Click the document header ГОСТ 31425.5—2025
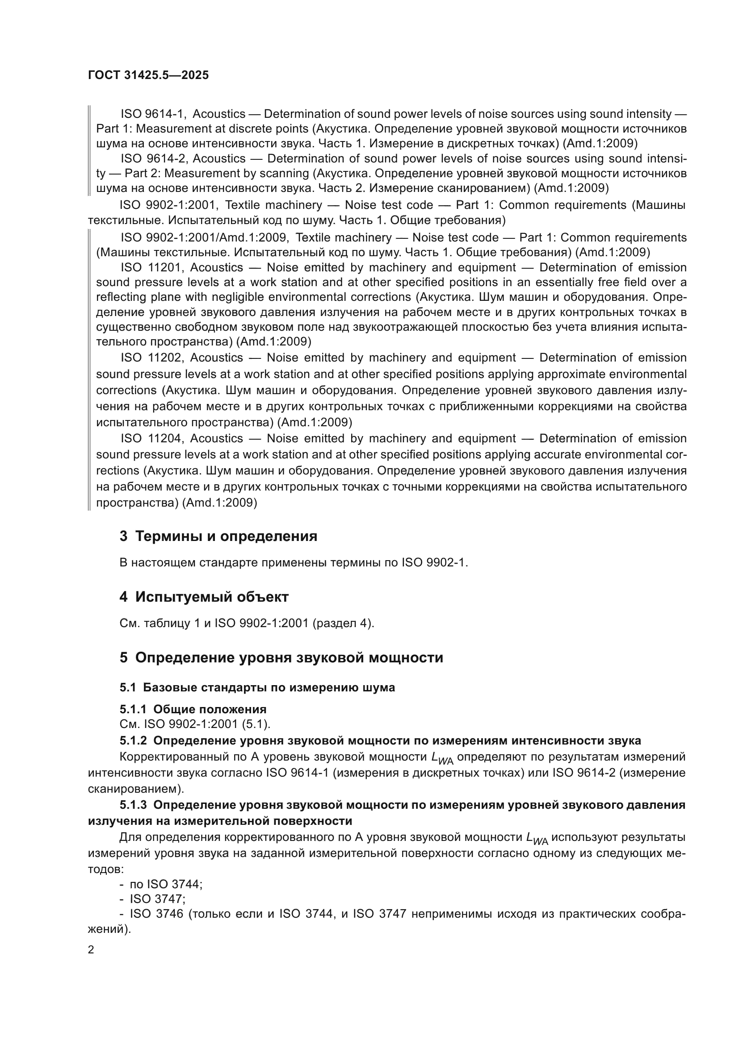coord(148,75)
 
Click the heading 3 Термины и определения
coord(218,536)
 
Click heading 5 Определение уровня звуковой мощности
coord(281,657)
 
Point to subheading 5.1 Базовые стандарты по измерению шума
coord(257,687)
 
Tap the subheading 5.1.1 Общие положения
coord(193,709)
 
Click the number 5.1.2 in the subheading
coord(133,741)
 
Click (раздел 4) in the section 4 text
coord(343,623)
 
